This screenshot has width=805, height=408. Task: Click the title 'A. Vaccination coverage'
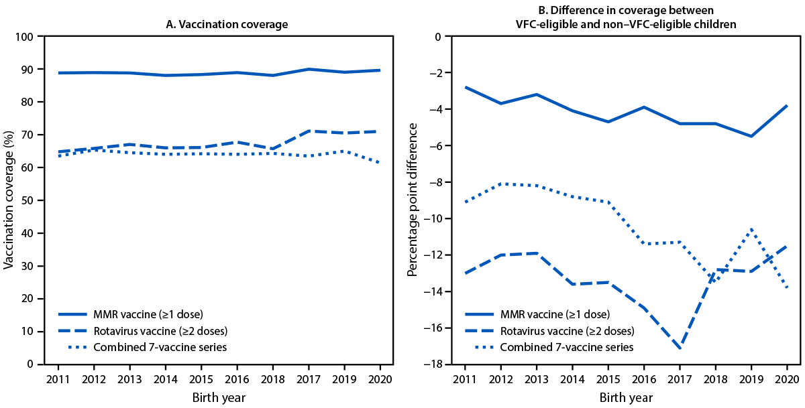pyautogui.click(x=227, y=24)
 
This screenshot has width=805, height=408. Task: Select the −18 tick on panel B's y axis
pyautogui.click(x=431, y=364)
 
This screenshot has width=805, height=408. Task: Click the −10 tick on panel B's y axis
pyautogui.click(x=431, y=219)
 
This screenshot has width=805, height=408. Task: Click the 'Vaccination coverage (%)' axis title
pyautogui.click(x=9, y=200)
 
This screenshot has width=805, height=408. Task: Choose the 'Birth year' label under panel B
pyautogui.click(x=625, y=398)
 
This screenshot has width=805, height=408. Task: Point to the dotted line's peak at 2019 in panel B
pyautogui.click(x=751, y=228)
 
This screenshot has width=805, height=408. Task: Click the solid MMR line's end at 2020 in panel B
pyautogui.click(x=787, y=106)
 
